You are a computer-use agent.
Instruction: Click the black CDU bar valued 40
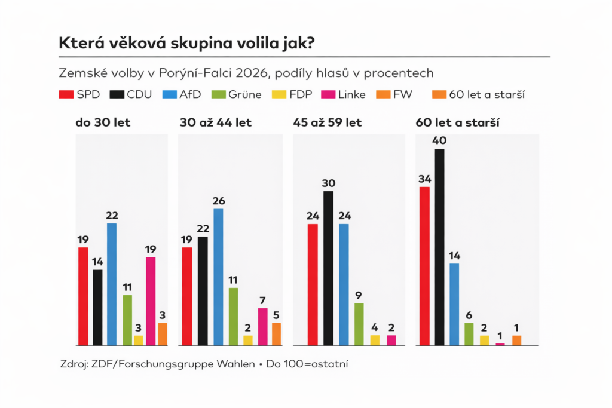pyautogui.click(x=440, y=247)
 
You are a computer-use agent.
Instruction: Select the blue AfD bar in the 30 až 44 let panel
pyautogui.click(x=218, y=277)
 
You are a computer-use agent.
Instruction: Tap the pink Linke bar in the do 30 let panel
pyautogui.click(x=151, y=301)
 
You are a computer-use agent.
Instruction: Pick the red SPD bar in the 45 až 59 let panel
pyautogui.click(x=313, y=285)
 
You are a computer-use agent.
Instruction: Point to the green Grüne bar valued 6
pyautogui.click(x=469, y=334)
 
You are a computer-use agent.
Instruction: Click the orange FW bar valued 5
pyautogui.click(x=276, y=334)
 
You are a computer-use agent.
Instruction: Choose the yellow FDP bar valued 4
pyautogui.click(x=375, y=340)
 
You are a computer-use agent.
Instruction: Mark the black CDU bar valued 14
pyautogui.click(x=97, y=308)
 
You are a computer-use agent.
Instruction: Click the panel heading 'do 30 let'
pyautogui.click(x=103, y=123)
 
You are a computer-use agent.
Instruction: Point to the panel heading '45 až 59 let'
pyautogui.click(x=328, y=123)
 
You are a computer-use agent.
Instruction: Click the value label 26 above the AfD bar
pyautogui.click(x=218, y=200)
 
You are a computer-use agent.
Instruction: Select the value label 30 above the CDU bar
pyautogui.click(x=328, y=183)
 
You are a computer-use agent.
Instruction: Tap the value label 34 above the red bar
pyautogui.click(x=425, y=178)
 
